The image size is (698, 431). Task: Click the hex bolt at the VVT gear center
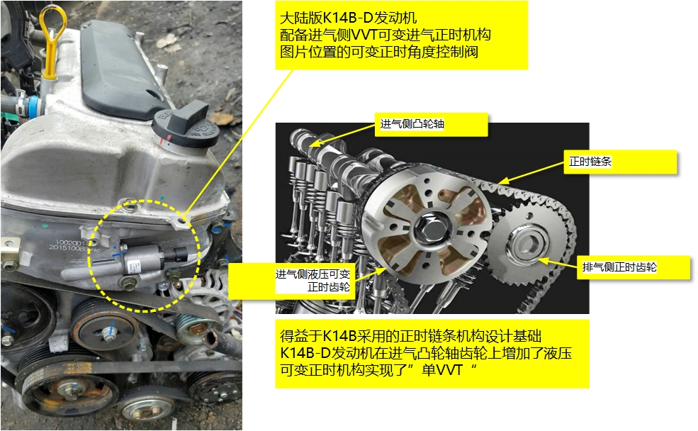click(x=429, y=225)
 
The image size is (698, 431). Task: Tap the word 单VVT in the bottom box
click(x=447, y=369)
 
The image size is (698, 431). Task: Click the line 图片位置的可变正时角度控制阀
click(x=380, y=52)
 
